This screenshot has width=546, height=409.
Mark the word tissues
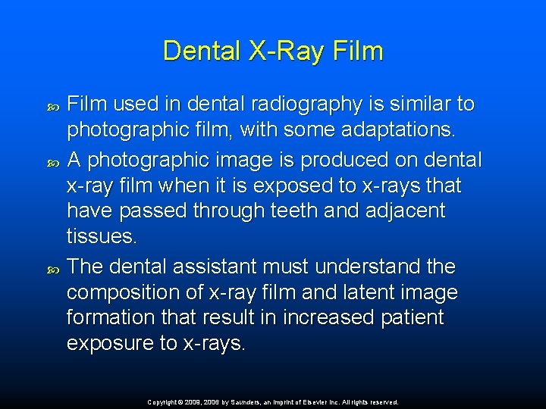point(102,236)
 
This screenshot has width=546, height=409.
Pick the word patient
point(414,317)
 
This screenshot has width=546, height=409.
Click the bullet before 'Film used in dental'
point(52,105)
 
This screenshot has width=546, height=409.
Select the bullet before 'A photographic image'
point(52,161)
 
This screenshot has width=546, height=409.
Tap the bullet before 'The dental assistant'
point(52,267)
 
